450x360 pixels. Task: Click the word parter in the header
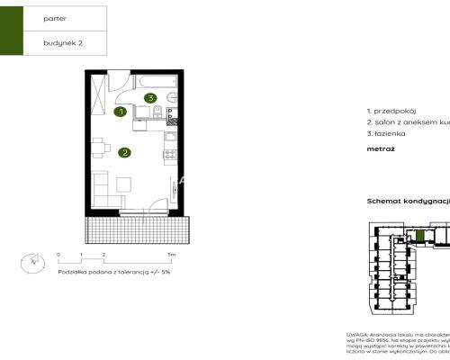[56, 17]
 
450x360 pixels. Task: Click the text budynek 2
[62, 42]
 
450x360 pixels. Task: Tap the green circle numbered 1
[121, 112]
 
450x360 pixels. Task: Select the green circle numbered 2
[124, 152]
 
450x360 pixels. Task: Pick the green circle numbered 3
[151, 97]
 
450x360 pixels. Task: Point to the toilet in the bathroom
[158, 112]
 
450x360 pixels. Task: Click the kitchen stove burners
[168, 154]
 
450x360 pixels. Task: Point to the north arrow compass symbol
[34, 262]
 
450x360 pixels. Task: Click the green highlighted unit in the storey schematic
[418, 236]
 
